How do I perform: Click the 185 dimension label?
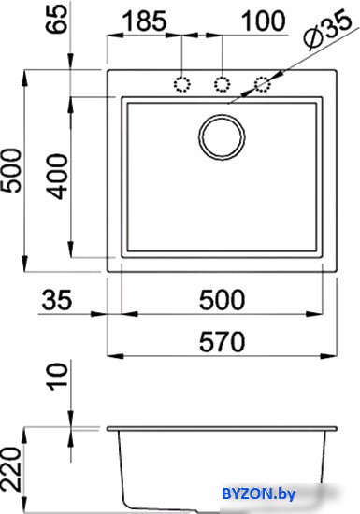tap(144, 21)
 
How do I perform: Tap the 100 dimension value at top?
tap(264, 21)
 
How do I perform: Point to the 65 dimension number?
tap(56, 19)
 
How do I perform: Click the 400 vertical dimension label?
tap(57, 177)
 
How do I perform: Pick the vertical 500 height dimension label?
tap(11, 170)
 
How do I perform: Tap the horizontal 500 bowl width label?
tap(222, 300)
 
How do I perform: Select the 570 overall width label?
tap(222, 341)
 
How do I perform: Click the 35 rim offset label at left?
tap(56, 300)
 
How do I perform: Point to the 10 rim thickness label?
tap(57, 377)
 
